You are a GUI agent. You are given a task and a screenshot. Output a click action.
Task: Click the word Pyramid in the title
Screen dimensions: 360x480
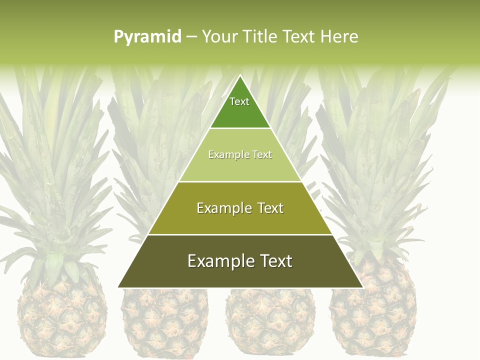pyautogui.click(x=147, y=37)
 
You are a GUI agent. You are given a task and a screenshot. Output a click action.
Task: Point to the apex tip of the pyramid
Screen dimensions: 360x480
pyautogui.click(x=240, y=76)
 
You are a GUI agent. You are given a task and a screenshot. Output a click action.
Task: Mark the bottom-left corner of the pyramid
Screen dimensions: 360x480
pyautogui.click(x=118, y=287)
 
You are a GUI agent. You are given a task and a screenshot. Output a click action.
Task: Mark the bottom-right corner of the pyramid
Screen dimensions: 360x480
pyautogui.click(x=362, y=287)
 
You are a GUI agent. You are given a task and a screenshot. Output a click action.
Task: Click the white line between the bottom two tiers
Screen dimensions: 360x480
pyautogui.click(x=240, y=234)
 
